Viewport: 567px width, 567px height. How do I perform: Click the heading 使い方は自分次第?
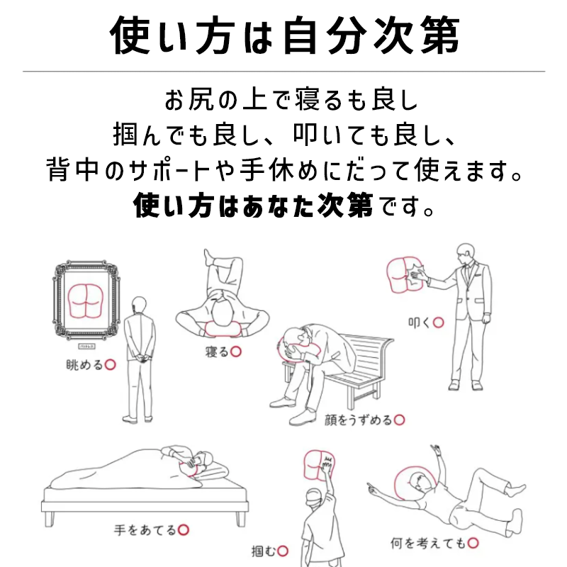(x=285, y=35)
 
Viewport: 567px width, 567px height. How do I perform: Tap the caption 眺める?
(x=84, y=365)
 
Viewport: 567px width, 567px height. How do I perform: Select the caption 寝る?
(x=218, y=352)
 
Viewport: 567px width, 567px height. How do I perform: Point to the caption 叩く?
(x=420, y=322)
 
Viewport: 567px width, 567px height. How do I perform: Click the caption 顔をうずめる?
(x=359, y=420)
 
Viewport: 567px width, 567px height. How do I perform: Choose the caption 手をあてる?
(x=145, y=530)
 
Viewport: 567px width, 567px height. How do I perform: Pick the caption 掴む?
(x=264, y=551)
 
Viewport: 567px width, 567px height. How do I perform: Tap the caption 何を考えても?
(x=428, y=543)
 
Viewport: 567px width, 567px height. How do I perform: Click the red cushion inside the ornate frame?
(x=86, y=301)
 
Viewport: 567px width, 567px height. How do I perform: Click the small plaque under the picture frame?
(x=86, y=347)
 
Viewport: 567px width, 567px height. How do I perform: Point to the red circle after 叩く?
(x=438, y=322)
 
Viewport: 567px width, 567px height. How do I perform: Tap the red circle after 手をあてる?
(x=184, y=530)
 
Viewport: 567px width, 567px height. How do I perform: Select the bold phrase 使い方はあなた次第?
(x=253, y=206)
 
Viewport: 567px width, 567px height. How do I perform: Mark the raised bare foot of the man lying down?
(x=208, y=257)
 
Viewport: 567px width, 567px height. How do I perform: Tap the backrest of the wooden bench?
(x=365, y=357)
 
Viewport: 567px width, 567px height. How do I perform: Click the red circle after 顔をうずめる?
(x=399, y=420)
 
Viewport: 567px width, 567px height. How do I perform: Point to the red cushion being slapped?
(x=405, y=275)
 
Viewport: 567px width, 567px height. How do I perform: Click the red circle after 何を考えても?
(x=473, y=543)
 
